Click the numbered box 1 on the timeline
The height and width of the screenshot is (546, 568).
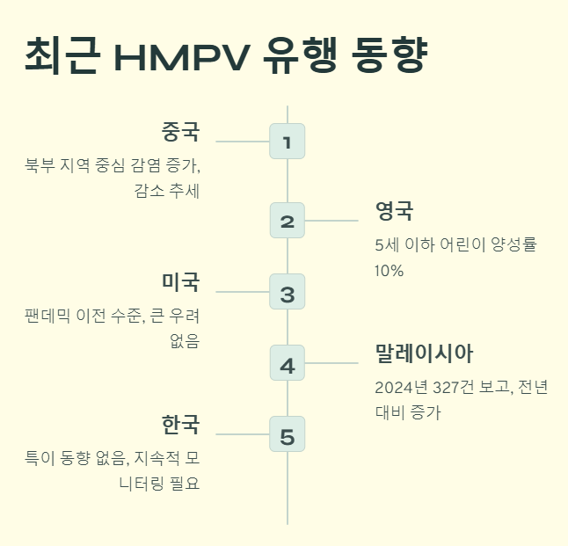coord(287,142)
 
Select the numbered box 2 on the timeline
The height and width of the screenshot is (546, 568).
coord(287,221)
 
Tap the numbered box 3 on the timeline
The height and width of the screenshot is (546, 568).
coord(287,292)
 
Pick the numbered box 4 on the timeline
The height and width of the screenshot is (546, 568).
coord(287,363)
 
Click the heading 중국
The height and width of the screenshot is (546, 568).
coord(181,133)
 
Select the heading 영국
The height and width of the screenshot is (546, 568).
coord(394,211)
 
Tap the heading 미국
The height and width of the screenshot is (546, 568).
coord(181,282)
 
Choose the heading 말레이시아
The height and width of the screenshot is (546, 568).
coord(424,354)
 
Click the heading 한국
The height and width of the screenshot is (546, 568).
coord(181,426)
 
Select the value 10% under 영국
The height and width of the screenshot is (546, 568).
coord(389,271)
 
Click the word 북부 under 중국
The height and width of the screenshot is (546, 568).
coord(41,166)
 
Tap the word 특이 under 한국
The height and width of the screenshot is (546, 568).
coord(40,458)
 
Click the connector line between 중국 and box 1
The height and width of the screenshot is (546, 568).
coord(242,142)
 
